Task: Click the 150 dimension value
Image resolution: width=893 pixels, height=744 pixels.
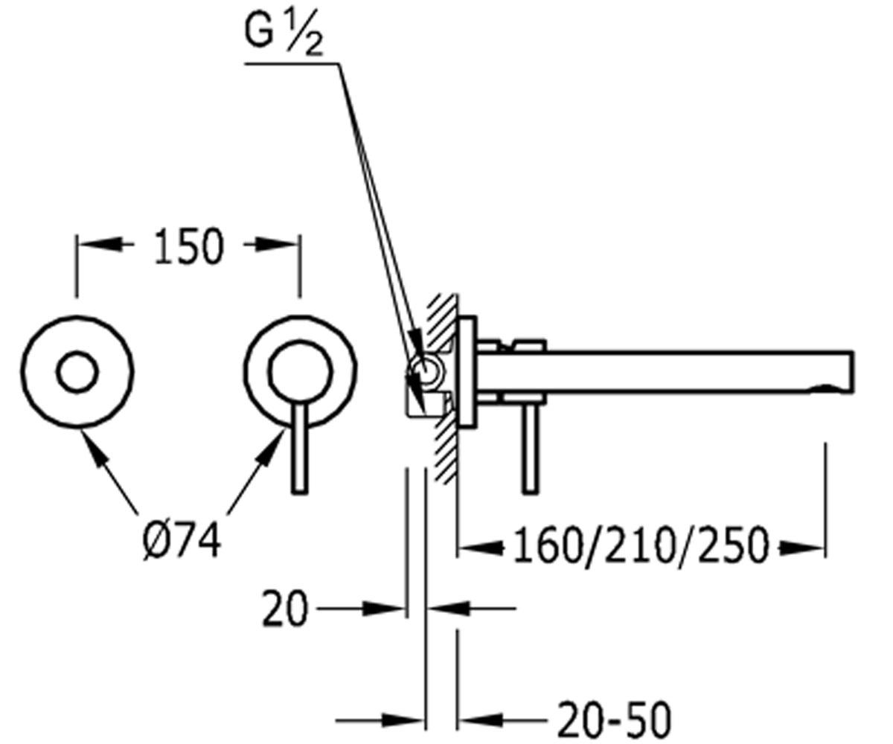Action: pyautogui.click(x=188, y=247)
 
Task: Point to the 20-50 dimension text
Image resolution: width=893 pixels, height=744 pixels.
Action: pyautogui.click(x=615, y=719)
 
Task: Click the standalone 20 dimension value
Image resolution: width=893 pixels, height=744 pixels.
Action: pyautogui.click(x=284, y=609)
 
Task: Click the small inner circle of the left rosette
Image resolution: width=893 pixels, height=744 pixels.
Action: pyautogui.click(x=77, y=371)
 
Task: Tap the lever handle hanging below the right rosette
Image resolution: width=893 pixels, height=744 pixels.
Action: pyautogui.click(x=299, y=449)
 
